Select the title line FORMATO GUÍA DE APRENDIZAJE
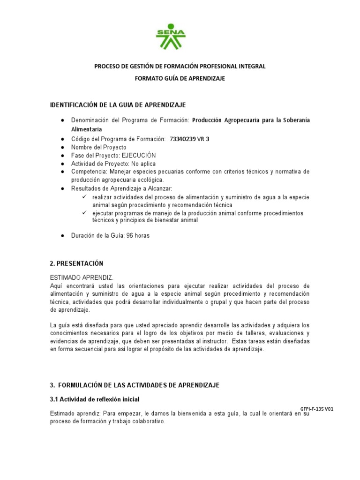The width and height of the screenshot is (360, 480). tap(180, 79)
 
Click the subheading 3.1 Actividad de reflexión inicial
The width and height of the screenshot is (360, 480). tap(94, 399)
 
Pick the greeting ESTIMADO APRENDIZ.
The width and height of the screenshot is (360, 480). tap(82, 277)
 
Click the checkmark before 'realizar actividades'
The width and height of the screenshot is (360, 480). tap(85, 197)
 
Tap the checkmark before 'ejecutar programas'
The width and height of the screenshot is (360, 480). tap(85, 213)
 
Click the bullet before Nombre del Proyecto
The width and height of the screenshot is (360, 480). tap(62, 147)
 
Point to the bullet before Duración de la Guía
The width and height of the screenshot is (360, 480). tap(62, 236)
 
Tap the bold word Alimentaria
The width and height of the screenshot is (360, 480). tap(87, 129)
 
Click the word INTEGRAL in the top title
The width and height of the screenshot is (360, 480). tap(252, 66)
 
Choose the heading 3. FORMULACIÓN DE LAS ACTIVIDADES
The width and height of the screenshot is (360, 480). tap(135, 385)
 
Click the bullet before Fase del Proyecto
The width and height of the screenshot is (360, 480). tap(62, 155)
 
